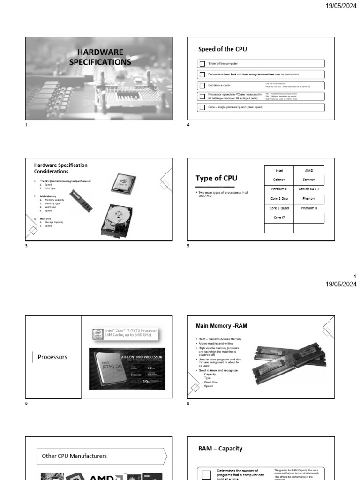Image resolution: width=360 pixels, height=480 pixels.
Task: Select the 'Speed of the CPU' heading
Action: pyautogui.click(x=222, y=49)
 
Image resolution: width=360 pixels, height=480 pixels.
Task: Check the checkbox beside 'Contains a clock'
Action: pyautogui.click(x=202, y=86)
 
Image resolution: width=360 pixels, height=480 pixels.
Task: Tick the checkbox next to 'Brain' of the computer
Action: pyautogui.click(x=202, y=63)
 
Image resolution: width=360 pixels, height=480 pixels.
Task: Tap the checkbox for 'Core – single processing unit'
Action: pyautogui.click(x=202, y=107)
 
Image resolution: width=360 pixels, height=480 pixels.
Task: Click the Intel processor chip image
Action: pyautogui.click(x=124, y=183)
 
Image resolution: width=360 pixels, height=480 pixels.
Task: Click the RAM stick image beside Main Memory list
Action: pyautogui.click(x=81, y=201)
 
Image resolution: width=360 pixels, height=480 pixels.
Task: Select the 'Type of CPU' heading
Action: pyautogui.click(x=217, y=178)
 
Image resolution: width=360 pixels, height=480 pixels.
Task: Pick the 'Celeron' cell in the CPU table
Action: pyautogui.click(x=279, y=180)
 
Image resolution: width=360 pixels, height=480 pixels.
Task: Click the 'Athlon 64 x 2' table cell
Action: pyautogui.click(x=309, y=189)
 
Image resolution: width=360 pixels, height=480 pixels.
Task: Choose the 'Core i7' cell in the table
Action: pyautogui.click(x=279, y=217)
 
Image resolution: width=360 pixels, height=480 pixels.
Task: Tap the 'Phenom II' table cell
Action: pyautogui.click(x=309, y=208)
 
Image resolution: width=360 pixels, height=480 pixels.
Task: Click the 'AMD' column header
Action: pyautogui.click(x=309, y=171)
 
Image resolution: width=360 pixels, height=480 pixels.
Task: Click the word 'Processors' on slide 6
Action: pyautogui.click(x=52, y=357)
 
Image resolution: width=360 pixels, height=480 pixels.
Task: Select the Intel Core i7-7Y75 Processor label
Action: pyautogui.click(x=126, y=333)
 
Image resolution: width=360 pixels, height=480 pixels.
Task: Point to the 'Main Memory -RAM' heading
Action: pyautogui.click(x=221, y=325)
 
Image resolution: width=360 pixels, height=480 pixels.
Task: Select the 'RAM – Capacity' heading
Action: pyautogui.click(x=220, y=449)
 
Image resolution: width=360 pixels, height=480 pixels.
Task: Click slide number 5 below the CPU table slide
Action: pyautogui.click(x=188, y=246)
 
